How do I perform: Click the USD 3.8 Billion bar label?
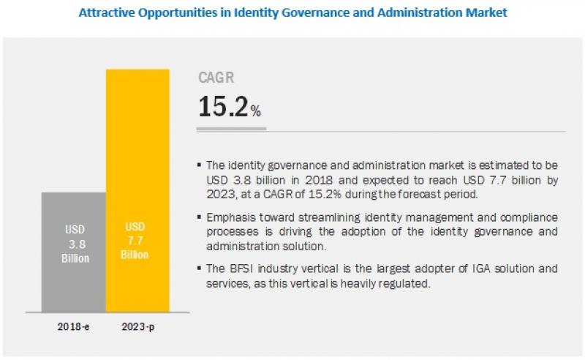coord(74,243)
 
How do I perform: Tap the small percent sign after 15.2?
coord(255,112)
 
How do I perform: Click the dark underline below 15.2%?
coord(232,129)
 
